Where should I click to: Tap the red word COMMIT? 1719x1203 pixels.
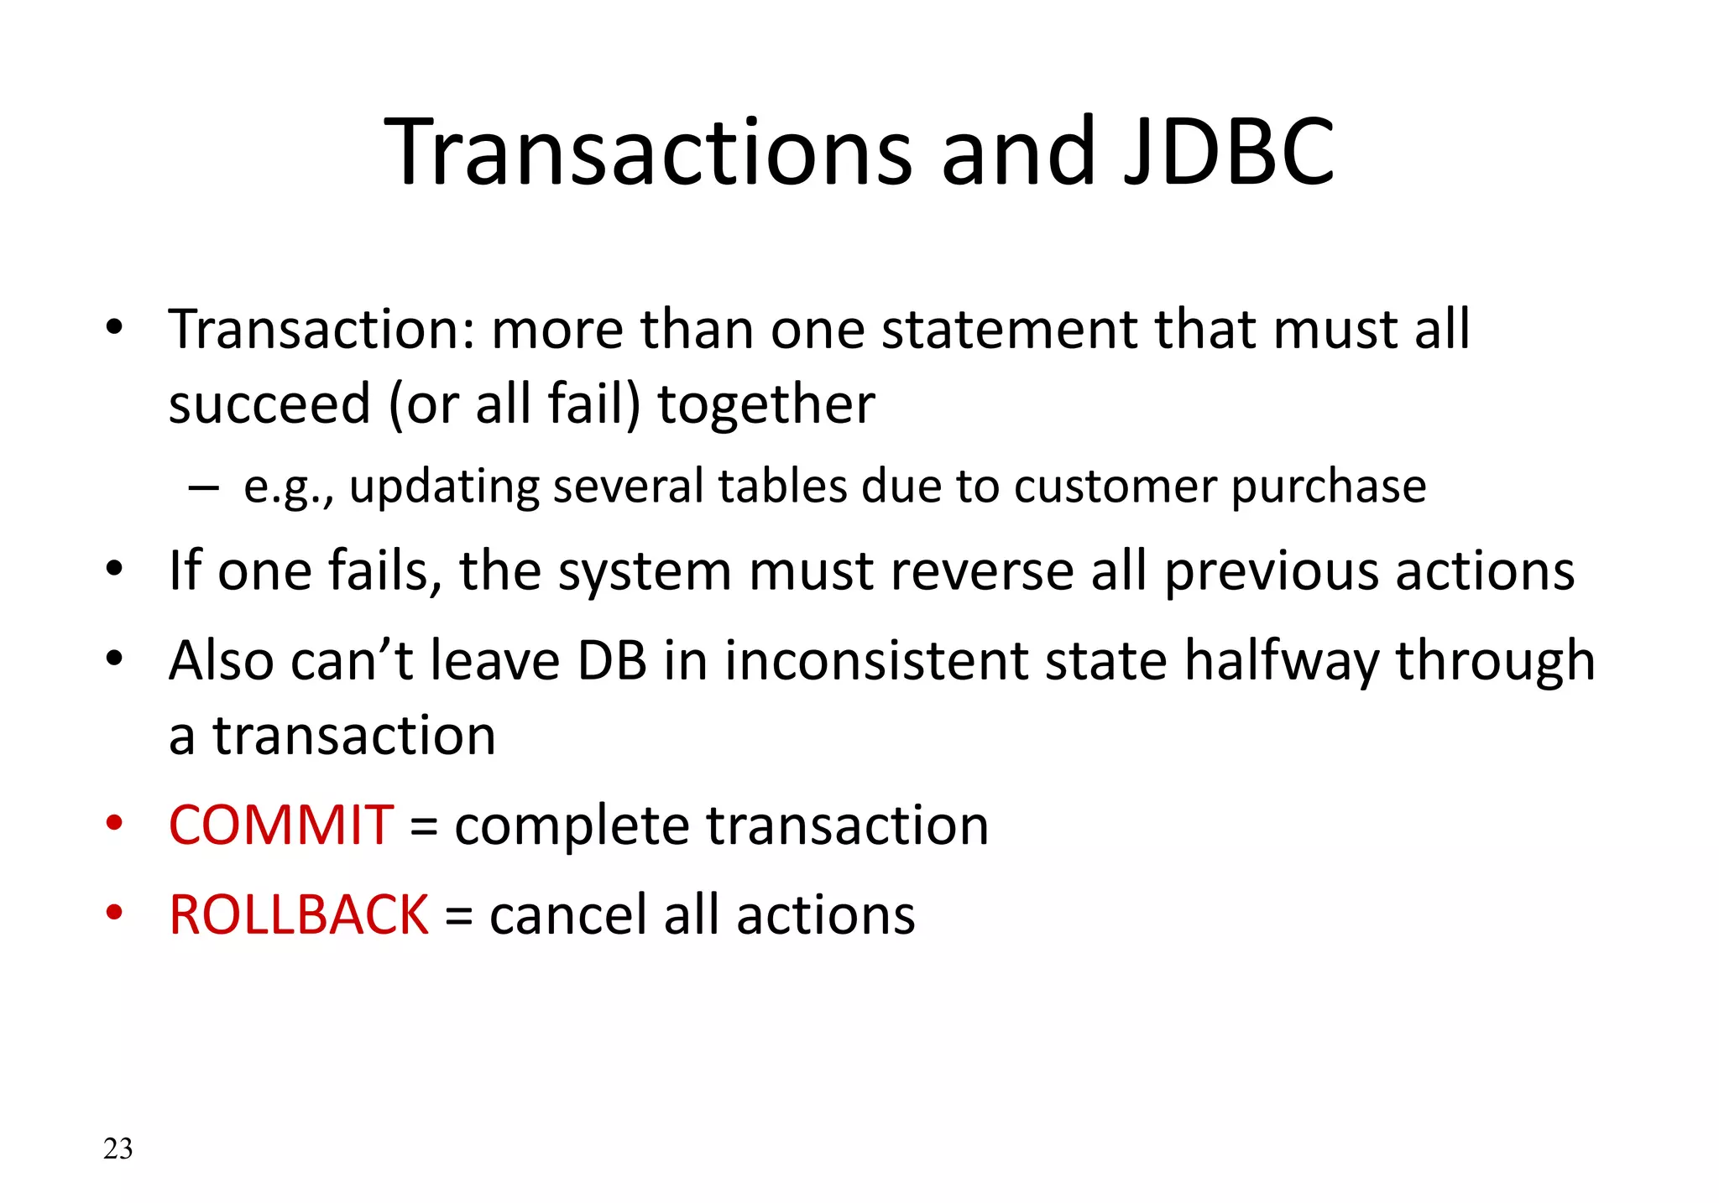click(x=280, y=825)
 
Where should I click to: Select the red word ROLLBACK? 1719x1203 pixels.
click(x=299, y=914)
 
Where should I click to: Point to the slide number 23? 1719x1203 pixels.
click(x=118, y=1148)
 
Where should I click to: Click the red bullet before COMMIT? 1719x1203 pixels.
click(x=114, y=822)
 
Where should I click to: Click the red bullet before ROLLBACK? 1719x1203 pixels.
click(x=114, y=912)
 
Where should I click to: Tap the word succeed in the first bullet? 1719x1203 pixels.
click(x=269, y=404)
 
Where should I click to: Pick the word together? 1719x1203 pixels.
click(x=765, y=404)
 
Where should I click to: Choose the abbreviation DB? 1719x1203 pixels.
click(x=612, y=660)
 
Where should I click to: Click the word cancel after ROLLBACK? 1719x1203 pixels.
click(x=567, y=914)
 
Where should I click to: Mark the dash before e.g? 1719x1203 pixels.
click(x=204, y=487)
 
